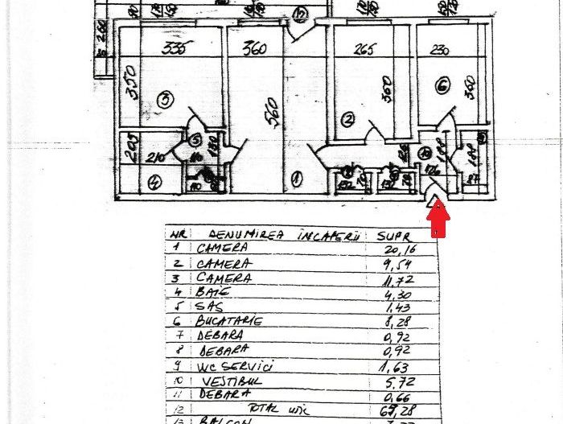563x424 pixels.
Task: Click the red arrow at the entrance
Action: (x=438, y=219)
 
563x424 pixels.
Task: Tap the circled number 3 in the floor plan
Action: (x=165, y=100)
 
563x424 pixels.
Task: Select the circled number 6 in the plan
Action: (x=442, y=86)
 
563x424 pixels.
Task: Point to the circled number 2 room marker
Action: (x=347, y=120)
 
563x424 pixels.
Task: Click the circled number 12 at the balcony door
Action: (x=301, y=14)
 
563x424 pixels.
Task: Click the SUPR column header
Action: (x=397, y=237)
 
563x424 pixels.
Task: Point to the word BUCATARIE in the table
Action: (x=228, y=320)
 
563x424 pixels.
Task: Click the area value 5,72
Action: (x=399, y=379)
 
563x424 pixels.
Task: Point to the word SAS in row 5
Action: (x=209, y=307)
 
